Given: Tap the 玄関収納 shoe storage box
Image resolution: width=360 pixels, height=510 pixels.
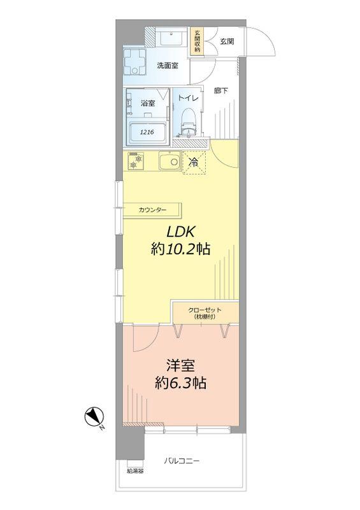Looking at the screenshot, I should (x=198, y=41).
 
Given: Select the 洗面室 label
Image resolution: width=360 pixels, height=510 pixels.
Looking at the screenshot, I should (x=168, y=65).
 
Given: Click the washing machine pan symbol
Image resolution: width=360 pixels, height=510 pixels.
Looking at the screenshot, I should (x=135, y=62).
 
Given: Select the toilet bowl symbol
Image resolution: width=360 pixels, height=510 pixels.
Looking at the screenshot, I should (x=188, y=121).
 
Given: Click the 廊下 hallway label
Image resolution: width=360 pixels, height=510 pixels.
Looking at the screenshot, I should (x=222, y=91).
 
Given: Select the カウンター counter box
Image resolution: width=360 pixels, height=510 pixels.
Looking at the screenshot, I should (x=153, y=210).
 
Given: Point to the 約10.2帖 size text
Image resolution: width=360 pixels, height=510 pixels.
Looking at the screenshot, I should (x=180, y=251).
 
